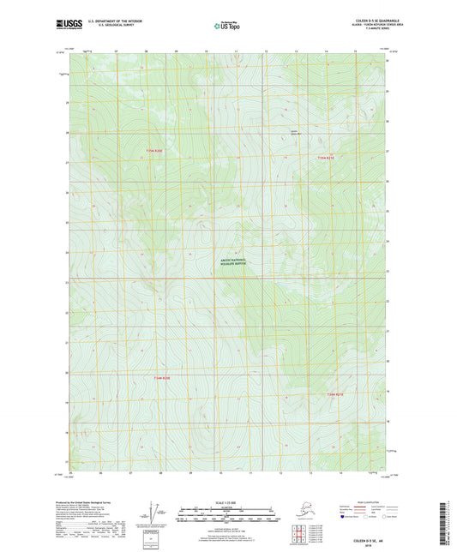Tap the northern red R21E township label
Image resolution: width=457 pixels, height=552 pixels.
click(x=324, y=157)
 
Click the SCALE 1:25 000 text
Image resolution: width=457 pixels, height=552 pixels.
click(x=227, y=504)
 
